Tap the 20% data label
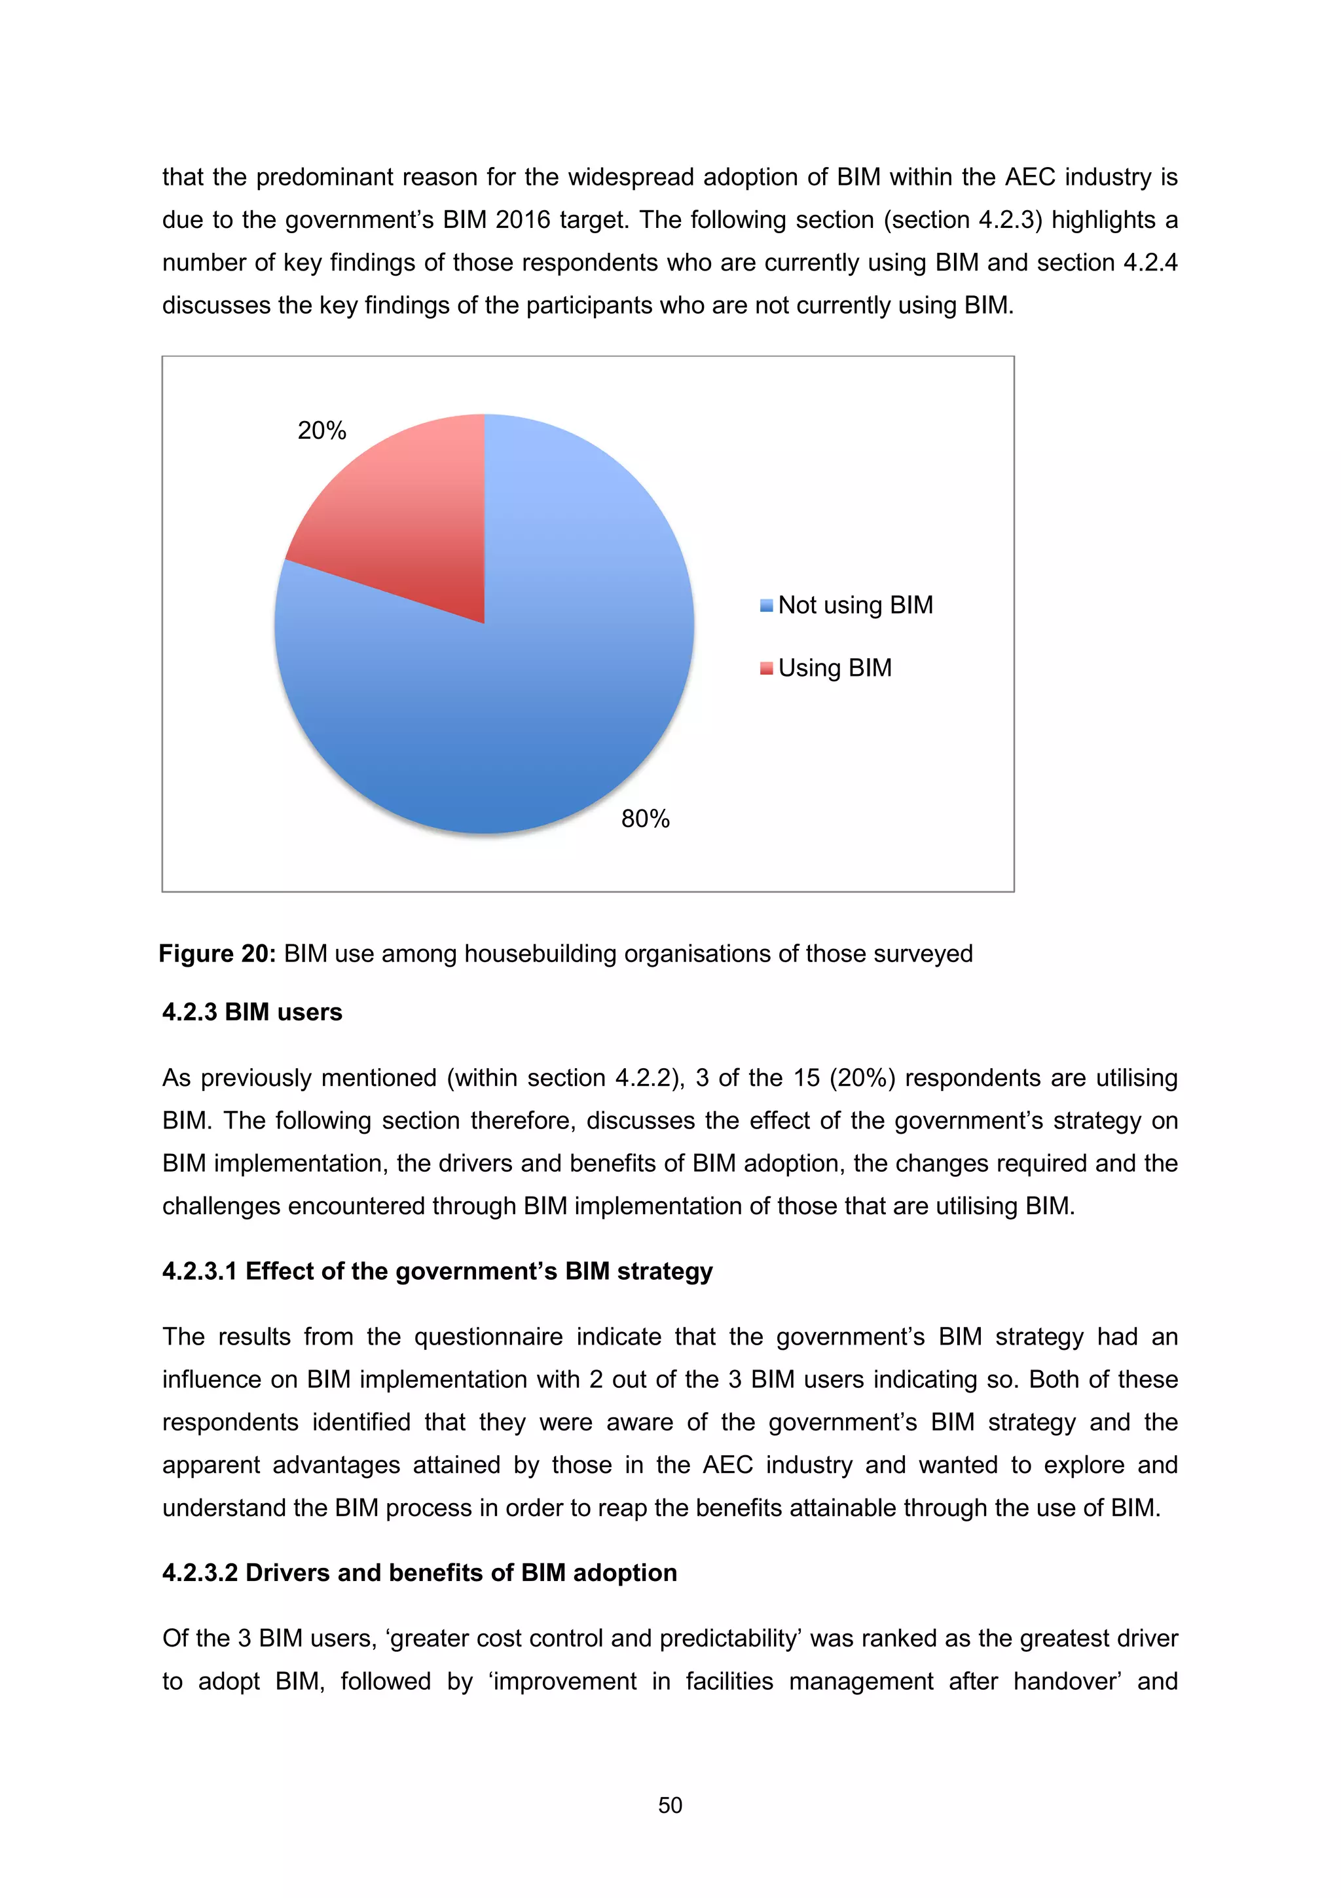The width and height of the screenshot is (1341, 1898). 321,431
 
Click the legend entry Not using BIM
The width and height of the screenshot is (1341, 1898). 855,605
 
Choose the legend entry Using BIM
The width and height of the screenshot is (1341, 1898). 834,668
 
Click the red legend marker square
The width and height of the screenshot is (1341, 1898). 766,668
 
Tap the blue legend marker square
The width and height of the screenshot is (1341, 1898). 766,605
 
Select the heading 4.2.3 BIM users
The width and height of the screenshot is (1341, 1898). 252,1012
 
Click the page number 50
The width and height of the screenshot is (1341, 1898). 670,1806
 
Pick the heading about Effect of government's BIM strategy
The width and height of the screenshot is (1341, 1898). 437,1271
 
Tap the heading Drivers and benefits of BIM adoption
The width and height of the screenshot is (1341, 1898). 420,1572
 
